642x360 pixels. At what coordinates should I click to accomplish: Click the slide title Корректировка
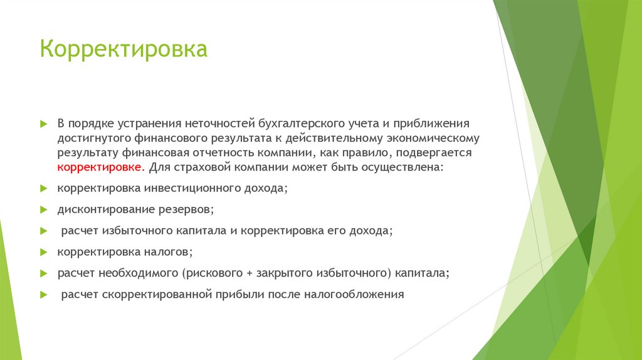click(x=124, y=49)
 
